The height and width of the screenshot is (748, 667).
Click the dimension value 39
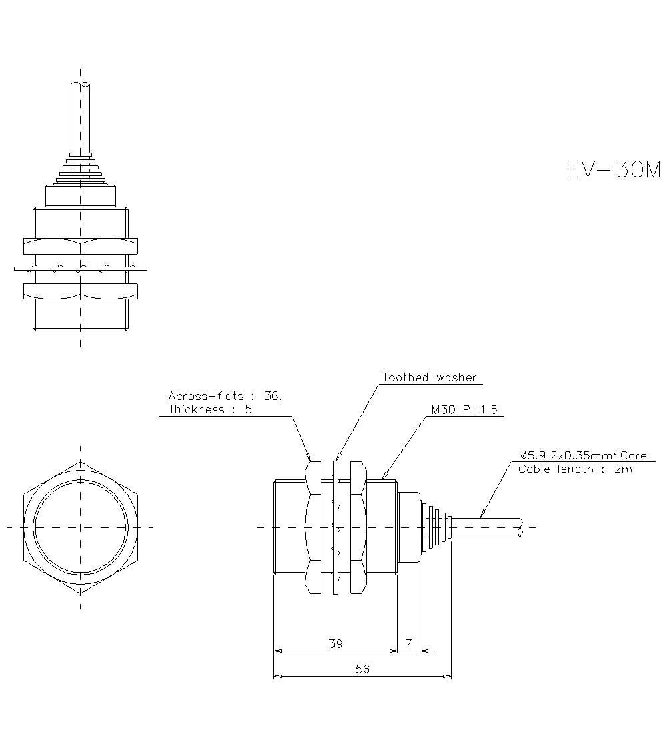pos(336,643)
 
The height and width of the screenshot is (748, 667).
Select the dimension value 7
pos(408,643)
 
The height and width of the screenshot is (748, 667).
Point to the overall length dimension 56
pos(362,669)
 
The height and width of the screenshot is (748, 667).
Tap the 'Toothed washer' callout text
pos(429,378)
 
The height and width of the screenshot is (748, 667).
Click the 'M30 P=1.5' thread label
pos(464,410)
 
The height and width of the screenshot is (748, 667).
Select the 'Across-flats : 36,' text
pos(225,396)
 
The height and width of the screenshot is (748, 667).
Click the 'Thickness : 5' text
pos(210,410)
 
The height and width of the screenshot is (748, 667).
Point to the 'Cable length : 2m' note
pos(575,469)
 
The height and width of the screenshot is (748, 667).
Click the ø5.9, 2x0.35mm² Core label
pos(584,455)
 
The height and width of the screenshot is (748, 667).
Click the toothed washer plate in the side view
pos(336,527)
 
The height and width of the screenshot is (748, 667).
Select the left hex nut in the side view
pos(313,527)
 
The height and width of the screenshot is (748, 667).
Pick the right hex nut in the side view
pos(358,527)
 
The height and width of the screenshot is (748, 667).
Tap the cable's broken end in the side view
pos(520,527)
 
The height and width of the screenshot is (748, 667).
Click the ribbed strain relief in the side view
pos(437,527)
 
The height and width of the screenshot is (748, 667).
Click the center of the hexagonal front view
pos(81,527)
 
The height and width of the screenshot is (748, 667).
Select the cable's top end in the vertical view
pos(81,86)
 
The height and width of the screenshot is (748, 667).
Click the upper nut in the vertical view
pos(81,246)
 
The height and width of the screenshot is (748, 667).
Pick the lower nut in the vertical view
pos(81,291)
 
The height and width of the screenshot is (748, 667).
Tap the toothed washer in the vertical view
pos(81,269)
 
